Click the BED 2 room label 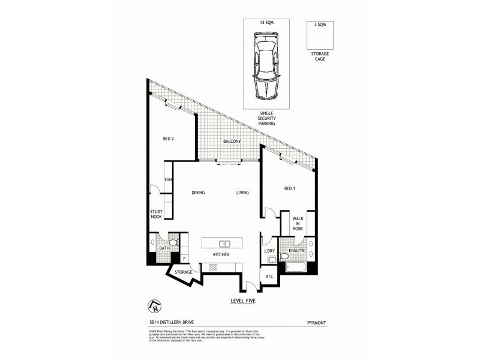(169, 139)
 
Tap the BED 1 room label (289, 190)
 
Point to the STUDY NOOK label (157, 214)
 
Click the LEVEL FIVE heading (243, 301)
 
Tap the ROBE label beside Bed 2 (169, 180)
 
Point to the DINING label (199, 193)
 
